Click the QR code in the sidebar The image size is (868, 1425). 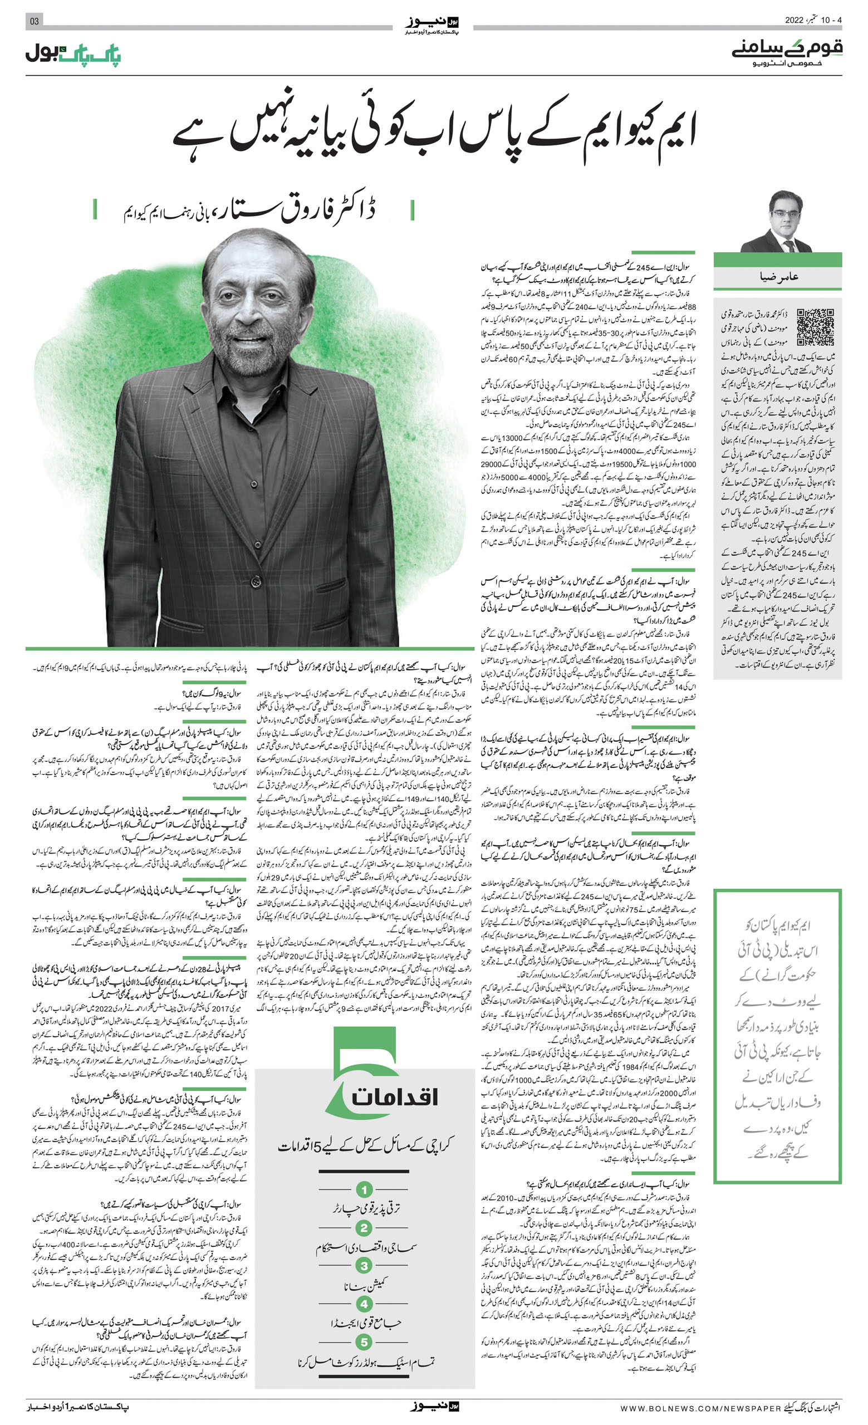click(815, 327)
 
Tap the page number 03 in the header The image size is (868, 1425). click(34, 21)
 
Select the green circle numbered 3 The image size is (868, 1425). click(364, 1266)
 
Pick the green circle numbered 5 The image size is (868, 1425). click(364, 1341)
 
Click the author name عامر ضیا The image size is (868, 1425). click(778, 277)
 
